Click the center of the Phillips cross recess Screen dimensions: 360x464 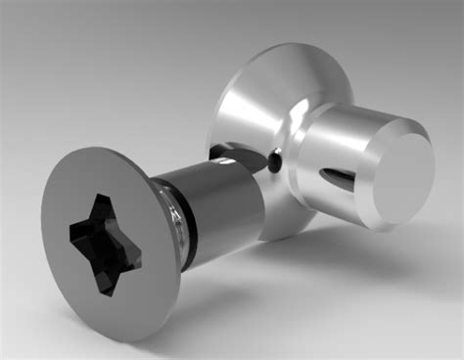[105, 243]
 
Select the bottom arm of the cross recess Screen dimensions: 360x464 [111, 279]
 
